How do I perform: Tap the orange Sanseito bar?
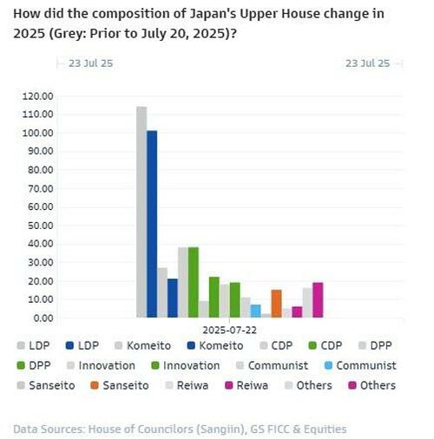[276, 304]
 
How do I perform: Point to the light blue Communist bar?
[255, 311]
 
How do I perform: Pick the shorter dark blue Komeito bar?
[173, 298]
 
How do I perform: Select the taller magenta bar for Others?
[318, 300]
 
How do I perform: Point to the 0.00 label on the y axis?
[44, 318]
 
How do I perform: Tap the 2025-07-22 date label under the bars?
[229, 330]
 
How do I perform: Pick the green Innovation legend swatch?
[154, 366]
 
